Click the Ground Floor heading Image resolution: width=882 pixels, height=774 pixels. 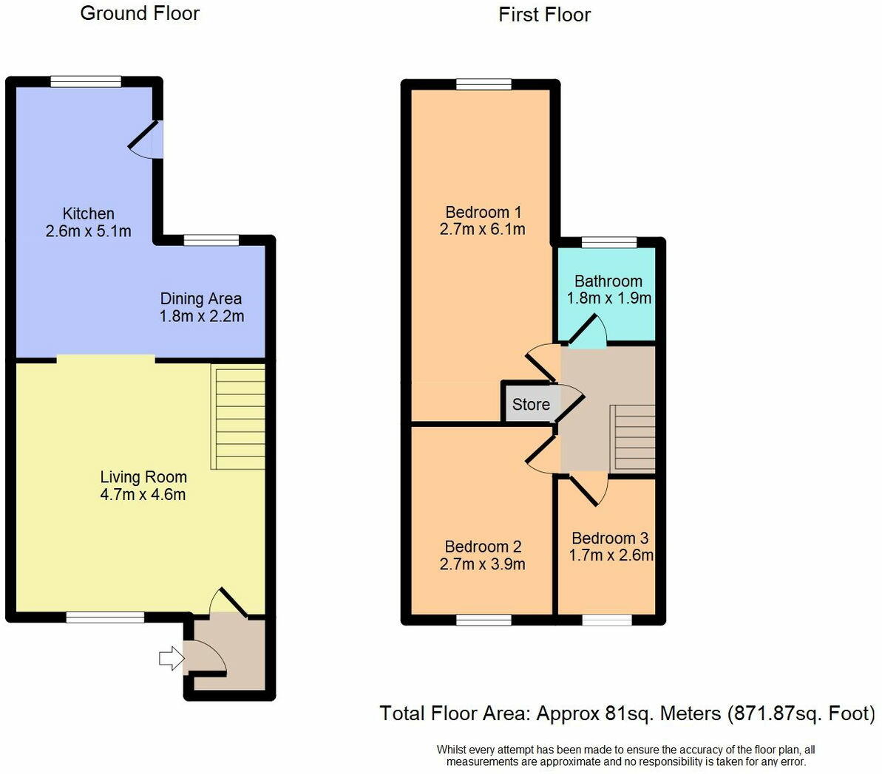point(140,13)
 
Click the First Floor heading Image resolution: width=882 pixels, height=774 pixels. point(544,15)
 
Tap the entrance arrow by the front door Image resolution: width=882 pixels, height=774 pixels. point(172,658)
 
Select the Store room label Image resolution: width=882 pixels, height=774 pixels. point(531,404)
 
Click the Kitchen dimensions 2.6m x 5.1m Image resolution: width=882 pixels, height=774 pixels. point(88,231)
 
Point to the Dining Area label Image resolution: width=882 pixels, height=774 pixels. point(201,299)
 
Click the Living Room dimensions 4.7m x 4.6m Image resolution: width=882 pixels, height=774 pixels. point(143,495)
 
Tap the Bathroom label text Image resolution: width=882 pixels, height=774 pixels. point(608,281)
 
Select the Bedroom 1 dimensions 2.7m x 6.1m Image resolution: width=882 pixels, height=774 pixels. point(483,230)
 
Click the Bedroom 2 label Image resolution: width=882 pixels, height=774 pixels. point(484,547)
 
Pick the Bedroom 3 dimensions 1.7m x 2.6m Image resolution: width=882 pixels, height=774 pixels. point(611,555)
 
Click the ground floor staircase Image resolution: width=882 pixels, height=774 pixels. point(238,417)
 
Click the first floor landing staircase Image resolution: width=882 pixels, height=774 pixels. point(633,439)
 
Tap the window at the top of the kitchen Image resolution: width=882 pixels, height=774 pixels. point(86,81)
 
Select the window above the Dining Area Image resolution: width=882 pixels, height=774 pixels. point(211,240)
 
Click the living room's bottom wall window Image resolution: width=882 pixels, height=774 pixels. point(105,617)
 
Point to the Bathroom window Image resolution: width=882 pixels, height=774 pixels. point(609,242)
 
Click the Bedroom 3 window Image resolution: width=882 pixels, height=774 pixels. point(607,620)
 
